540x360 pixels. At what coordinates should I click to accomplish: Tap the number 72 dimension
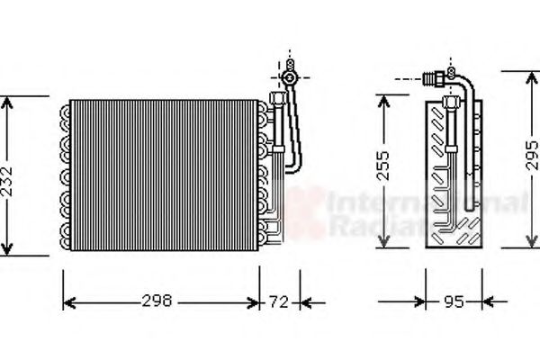281,301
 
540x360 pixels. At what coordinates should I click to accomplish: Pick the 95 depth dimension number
454,301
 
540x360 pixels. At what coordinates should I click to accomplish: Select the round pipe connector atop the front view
289,78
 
